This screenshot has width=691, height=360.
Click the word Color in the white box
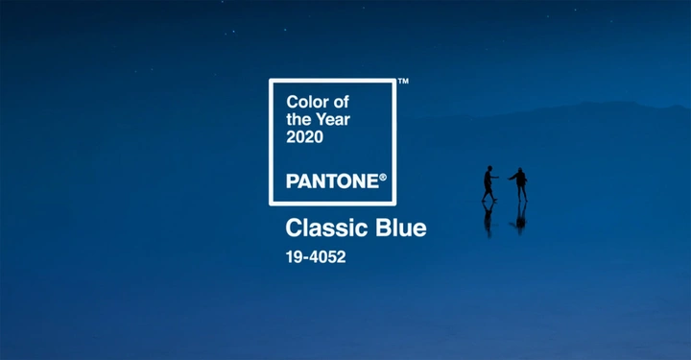pyautogui.click(x=307, y=101)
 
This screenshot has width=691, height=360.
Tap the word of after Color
pyautogui.click(x=340, y=101)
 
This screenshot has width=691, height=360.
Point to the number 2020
pyautogui.click(x=305, y=137)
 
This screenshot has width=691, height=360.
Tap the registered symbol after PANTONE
pyautogui.click(x=382, y=177)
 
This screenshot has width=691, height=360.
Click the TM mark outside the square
pyautogui.click(x=403, y=83)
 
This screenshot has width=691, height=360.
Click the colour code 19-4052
pyautogui.click(x=315, y=256)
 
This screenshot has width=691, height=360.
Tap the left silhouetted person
pyautogui.click(x=488, y=183)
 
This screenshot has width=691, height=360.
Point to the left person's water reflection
pyautogui.click(x=488, y=217)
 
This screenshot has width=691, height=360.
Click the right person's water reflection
pyautogui.click(x=520, y=217)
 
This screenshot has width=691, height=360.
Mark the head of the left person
pyautogui.click(x=488, y=169)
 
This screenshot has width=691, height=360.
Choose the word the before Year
pyautogui.click(x=298, y=119)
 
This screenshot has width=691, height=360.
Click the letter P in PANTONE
pyautogui.click(x=292, y=180)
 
